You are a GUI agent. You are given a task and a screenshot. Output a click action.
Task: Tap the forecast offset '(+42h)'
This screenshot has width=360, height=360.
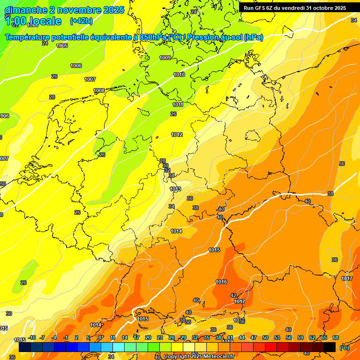81,21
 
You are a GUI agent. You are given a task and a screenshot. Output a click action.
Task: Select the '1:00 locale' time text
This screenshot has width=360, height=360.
33,21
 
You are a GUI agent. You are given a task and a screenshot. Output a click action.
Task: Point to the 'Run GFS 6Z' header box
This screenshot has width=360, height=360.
295,7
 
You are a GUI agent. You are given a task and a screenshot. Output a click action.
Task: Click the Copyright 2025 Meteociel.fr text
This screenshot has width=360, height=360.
199,357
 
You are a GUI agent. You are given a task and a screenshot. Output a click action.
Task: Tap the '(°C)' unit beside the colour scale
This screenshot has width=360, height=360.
344,348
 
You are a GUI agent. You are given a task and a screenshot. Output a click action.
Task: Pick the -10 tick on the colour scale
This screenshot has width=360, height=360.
31,337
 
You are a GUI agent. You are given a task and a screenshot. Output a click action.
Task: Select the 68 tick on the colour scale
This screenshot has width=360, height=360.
336,337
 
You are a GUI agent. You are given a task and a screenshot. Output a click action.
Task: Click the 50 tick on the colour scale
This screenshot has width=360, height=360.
265,337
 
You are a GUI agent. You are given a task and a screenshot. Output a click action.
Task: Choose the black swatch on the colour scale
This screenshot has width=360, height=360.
330,347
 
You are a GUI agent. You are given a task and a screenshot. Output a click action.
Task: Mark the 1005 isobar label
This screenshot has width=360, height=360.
62,45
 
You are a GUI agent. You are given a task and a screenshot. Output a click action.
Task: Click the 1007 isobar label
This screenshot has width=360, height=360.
90,79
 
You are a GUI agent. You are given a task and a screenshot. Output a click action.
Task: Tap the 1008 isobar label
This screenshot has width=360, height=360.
99,90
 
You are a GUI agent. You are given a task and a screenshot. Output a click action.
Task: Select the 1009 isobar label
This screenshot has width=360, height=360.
165,58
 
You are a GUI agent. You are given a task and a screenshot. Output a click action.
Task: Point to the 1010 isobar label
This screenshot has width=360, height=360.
179,75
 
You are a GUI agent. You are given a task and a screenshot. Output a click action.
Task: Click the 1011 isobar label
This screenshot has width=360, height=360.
178,105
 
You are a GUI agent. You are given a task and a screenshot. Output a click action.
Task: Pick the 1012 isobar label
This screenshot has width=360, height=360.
177,135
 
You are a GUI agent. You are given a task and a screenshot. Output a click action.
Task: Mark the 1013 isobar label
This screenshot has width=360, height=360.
175,189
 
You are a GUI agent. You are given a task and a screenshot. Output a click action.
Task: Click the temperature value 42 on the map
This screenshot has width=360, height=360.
233,295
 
